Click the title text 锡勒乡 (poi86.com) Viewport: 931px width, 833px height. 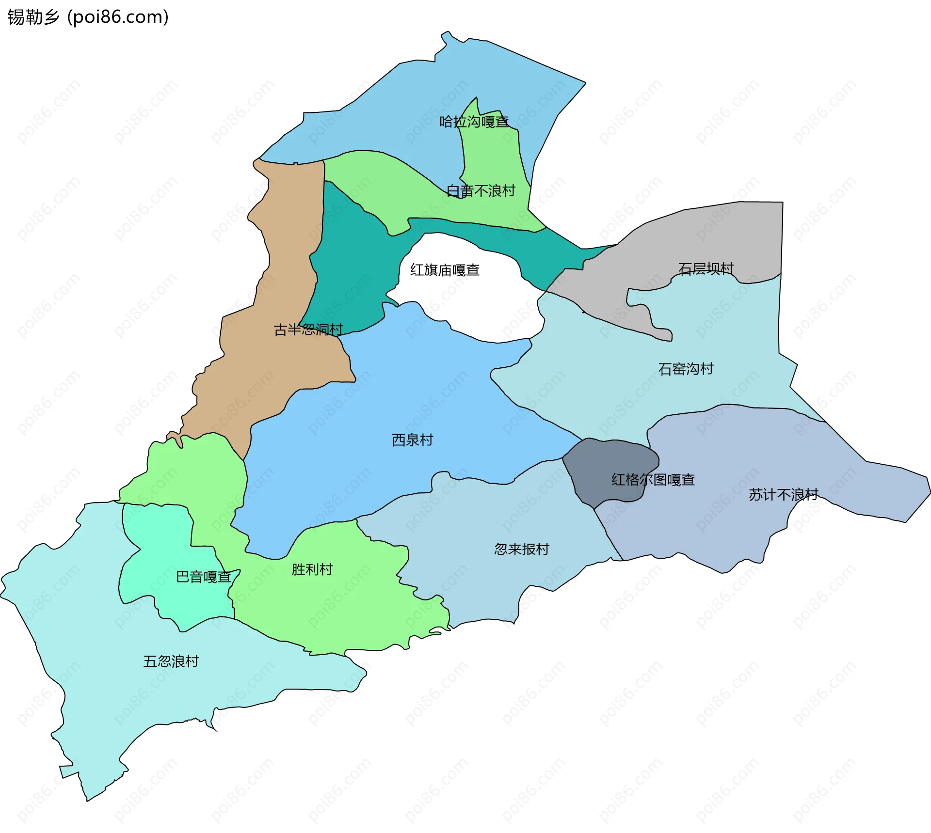tap(88, 17)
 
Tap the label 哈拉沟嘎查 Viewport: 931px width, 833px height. tap(474, 122)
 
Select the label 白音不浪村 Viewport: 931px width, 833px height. tap(481, 191)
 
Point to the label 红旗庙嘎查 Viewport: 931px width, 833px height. tap(445, 270)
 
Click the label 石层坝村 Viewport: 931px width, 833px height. tap(706, 268)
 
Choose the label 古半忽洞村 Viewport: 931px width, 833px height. tap(308, 330)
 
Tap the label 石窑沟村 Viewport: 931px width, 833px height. tap(686, 369)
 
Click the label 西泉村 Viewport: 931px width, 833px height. tap(412, 440)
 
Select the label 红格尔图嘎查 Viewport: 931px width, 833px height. tap(653, 480)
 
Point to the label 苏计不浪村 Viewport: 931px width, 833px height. tap(783, 494)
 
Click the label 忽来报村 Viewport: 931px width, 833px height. tap(521, 549)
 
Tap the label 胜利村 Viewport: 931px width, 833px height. tap(312, 569)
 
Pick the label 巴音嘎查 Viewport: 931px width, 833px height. tap(203, 577)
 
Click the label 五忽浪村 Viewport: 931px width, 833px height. tap(171, 661)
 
